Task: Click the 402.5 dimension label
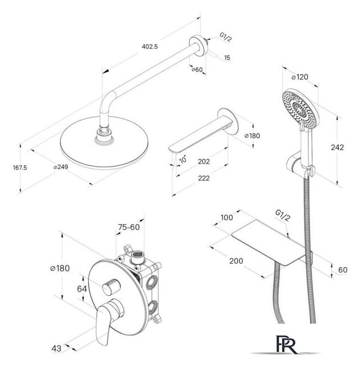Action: [150, 46]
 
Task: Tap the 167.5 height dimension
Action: [20, 168]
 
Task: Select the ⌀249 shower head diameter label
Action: [61, 167]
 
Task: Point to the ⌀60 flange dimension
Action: [197, 70]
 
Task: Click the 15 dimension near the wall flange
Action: [227, 57]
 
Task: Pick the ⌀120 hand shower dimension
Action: [300, 77]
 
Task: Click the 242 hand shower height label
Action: [337, 148]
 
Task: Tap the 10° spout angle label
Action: [183, 159]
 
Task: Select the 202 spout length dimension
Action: [203, 161]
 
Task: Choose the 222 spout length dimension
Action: [204, 178]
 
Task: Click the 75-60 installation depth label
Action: [129, 227]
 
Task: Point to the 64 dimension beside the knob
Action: [82, 289]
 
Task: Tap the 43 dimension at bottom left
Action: [57, 349]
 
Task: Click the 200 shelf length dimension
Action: [236, 261]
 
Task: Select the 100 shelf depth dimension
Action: [227, 217]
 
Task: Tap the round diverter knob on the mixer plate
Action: [111, 287]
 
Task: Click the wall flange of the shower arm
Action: [199, 46]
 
